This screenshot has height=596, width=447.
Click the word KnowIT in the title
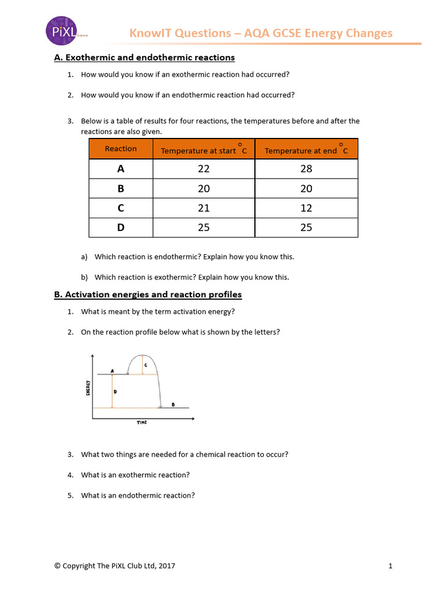click(151, 33)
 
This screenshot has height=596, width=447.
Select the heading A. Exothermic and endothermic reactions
click(144, 58)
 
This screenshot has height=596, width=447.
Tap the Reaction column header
click(120, 149)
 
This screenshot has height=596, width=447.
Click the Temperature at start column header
click(204, 150)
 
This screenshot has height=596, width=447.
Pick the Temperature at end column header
click(306, 150)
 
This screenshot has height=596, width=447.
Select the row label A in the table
click(120, 169)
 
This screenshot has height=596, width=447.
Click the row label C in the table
click(120, 208)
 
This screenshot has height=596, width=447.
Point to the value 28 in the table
click(306, 169)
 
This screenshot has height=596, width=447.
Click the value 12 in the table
click(306, 208)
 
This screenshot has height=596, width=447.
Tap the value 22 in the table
click(204, 169)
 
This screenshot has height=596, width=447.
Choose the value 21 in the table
click(204, 208)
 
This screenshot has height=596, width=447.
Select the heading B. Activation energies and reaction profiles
click(148, 295)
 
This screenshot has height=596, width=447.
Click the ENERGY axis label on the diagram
click(88, 388)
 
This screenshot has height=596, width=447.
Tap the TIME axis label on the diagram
click(142, 423)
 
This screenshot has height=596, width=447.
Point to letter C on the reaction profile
click(145, 365)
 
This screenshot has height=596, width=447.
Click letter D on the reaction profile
click(115, 392)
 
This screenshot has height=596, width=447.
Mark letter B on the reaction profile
click(173, 404)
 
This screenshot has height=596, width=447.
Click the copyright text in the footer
click(115, 565)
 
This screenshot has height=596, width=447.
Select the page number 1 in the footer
click(391, 565)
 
